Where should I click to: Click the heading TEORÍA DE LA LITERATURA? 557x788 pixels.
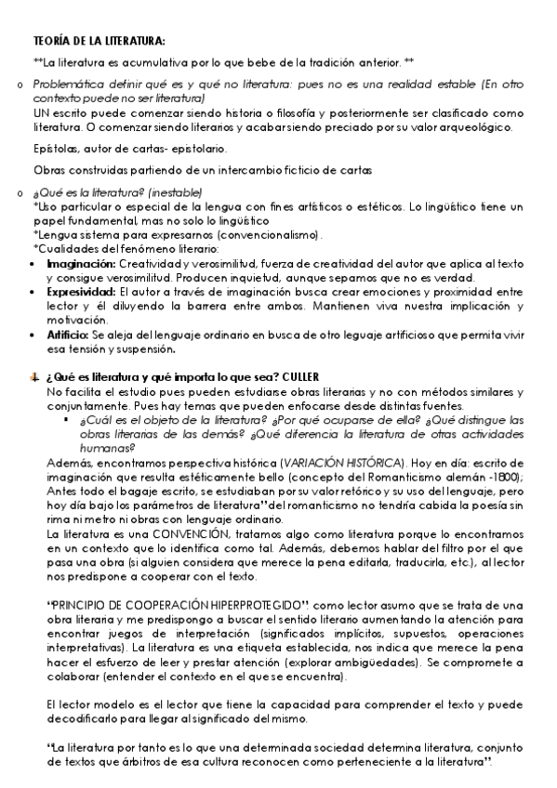click(x=99, y=42)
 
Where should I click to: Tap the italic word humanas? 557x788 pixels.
click(x=92, y=446)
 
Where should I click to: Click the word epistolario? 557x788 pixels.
click(x=194, y=148)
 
